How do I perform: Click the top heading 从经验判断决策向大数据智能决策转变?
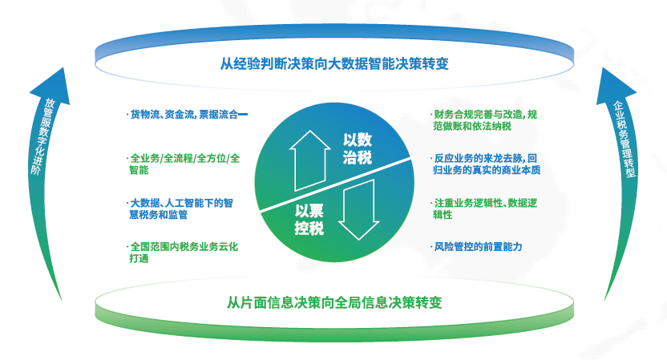click(334, 64)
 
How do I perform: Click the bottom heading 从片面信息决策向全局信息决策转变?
click(334, 302)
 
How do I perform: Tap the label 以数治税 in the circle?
click(358, 148)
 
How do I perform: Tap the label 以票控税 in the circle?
click(309, 219)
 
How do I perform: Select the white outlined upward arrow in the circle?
click(309, 160)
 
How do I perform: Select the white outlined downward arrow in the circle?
click(358, 209)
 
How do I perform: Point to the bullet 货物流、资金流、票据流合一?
click(187, 115)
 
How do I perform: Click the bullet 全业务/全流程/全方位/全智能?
click(184, 164)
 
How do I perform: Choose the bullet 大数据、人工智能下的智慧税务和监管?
click(180, 208)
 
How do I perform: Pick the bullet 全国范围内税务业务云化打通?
click(183, 253)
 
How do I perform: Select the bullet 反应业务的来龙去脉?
click(486, 164)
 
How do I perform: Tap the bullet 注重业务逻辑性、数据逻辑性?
click(484, 208)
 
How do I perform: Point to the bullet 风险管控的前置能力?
click(476, 247)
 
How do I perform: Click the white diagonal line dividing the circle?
click(335, 184)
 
